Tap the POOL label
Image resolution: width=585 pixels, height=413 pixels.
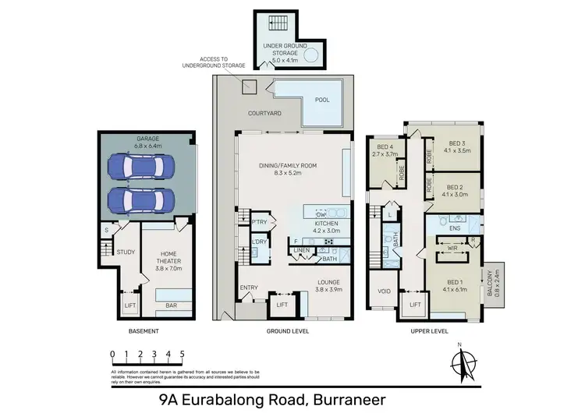321,101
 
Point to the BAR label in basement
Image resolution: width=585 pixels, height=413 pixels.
171,306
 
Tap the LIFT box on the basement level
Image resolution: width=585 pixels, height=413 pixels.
129,305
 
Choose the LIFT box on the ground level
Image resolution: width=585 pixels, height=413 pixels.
282,305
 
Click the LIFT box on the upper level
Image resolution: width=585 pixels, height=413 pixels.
413,305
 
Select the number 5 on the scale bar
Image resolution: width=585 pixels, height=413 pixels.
182,353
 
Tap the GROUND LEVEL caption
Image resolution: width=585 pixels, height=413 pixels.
287,331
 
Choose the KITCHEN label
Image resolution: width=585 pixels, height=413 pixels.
327,227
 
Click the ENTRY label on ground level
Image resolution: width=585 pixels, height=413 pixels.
249,288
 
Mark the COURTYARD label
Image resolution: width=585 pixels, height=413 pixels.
264,114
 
